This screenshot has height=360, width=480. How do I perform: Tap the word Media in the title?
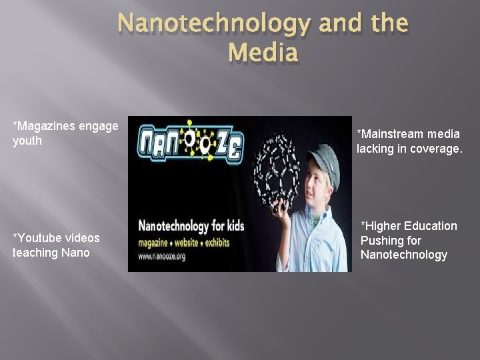263,52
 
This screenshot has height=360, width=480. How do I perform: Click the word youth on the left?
27,141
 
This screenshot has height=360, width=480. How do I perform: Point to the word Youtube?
41,238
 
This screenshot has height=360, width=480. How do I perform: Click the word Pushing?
381,241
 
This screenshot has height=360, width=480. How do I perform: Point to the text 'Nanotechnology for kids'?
191,226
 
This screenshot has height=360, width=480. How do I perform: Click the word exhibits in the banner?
213,241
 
